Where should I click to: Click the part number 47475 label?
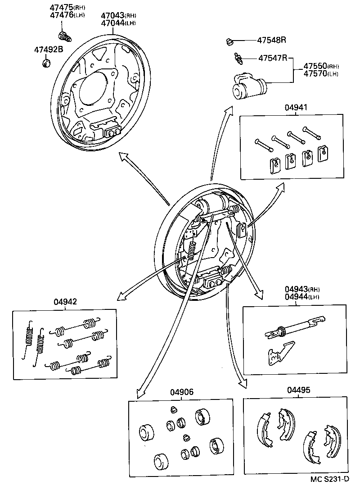point(58,8)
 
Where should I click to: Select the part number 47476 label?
point(58,15)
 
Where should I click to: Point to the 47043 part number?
point(111,15)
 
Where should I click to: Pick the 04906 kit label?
point(181,392)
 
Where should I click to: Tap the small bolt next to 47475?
point(65,35)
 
